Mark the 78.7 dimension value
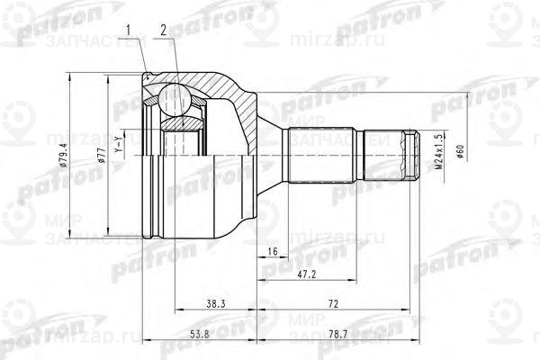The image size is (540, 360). click(x=339, y=335)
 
